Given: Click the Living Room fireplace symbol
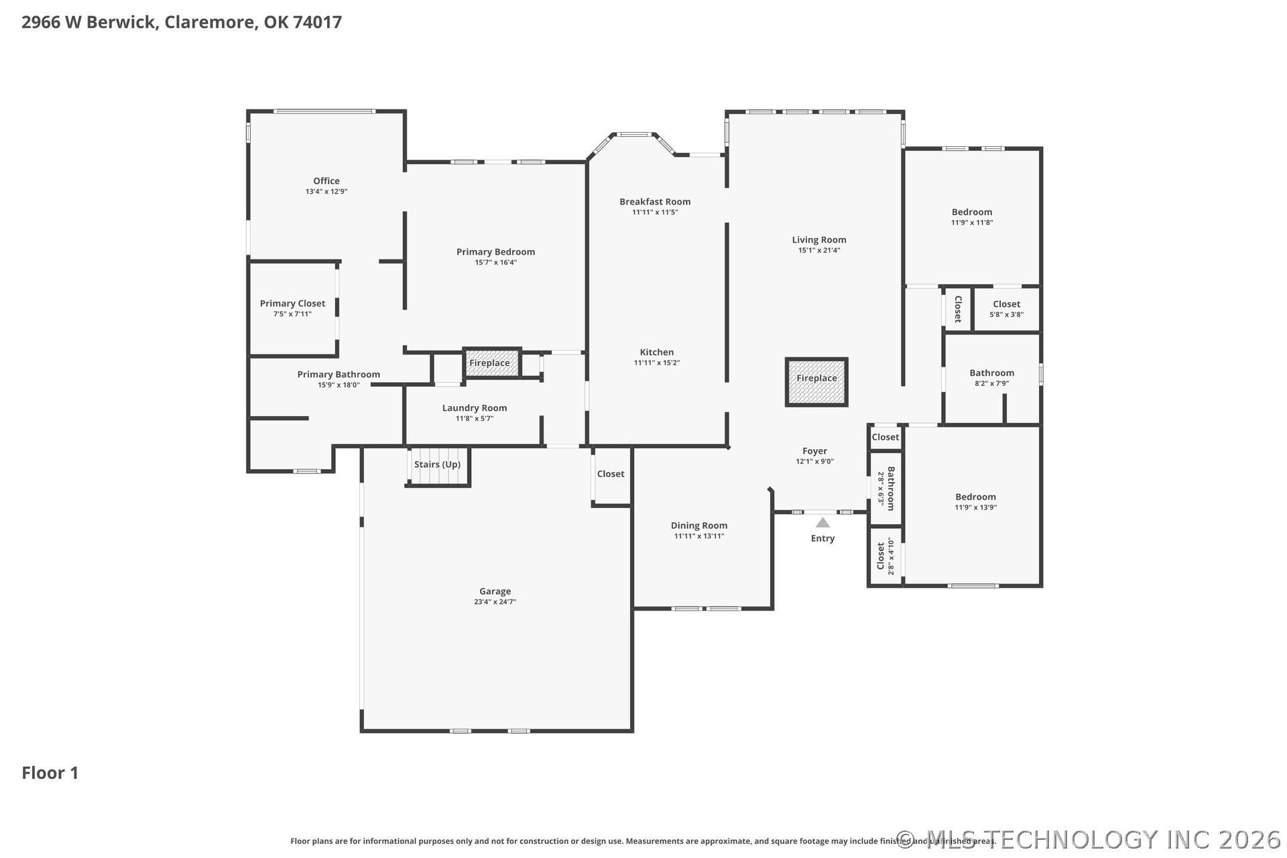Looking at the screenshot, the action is click(816, 382).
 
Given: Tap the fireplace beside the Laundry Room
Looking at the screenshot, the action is click(492, 363).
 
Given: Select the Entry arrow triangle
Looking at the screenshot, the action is click(822, 523).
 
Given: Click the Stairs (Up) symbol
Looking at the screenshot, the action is click(438, 467).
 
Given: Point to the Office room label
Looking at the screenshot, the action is click(326, 181).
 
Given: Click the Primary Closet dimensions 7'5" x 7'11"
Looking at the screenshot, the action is click(292, 314).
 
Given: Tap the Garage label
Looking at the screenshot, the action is click(495, 591).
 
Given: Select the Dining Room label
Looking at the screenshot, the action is click(699, 526).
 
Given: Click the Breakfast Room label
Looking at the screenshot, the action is click(655, 202).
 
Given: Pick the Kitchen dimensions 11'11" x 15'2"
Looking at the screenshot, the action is click(657, 363).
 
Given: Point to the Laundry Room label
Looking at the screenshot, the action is click(475, 408).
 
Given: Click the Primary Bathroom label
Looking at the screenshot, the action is click(339, 375).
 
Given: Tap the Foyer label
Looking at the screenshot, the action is click(815, 451).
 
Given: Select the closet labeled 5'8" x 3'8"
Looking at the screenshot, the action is click(1007, 308).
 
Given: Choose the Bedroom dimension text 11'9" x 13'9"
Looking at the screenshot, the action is click(976, 507).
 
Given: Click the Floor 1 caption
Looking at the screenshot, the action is click(50, 773).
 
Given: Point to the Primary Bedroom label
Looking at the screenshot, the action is click(496, 252).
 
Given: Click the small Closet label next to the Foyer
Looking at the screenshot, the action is click(885, 437).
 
